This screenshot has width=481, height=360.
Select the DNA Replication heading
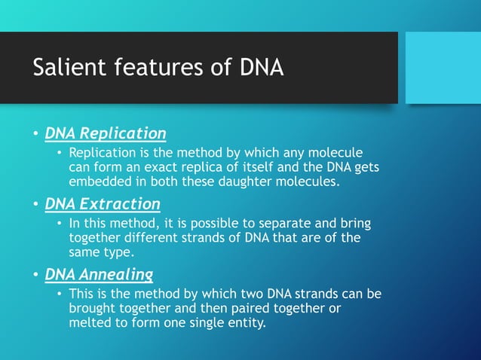click(x=106, y=133)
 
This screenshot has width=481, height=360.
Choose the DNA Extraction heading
click(x=103, y=204)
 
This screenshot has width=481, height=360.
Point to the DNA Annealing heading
click(x=99, y=274)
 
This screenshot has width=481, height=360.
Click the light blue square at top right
click(x=443, y=68)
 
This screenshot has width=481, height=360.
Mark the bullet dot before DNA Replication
click(x=35, y=135)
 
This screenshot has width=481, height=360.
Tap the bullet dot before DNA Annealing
click(x=35, y=276)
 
